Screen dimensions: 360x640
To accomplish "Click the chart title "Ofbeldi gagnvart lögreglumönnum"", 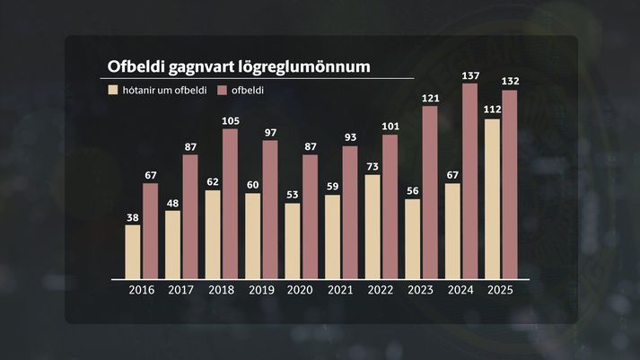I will [x=240, y=67].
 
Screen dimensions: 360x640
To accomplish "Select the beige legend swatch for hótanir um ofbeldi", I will [x=112, y=90].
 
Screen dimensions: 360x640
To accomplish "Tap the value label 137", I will [x=469, y=76].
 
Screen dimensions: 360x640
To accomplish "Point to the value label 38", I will [x=133, y=217].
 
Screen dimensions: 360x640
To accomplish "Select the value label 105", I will [x=230, y=121].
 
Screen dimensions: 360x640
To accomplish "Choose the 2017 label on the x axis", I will [x=180, y=290].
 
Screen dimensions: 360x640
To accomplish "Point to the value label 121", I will [x=430, y=98].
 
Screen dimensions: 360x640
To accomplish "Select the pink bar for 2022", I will [x=390, y=206].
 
